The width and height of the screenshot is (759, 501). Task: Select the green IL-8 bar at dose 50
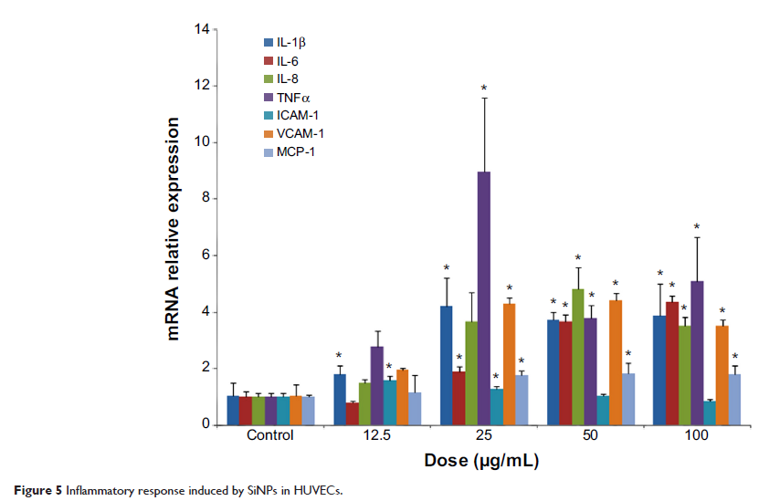coord(577,356)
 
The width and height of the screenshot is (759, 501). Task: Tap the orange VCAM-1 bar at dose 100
coord(722,375)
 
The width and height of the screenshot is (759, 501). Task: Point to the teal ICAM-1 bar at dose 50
coord(602,410)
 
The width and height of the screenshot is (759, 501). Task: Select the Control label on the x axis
coord(270,436)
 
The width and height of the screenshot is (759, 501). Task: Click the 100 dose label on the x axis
coord(697,436)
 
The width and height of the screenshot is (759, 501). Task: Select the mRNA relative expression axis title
coord(173,228)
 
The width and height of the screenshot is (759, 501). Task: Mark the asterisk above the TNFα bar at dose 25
coord(485,89)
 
